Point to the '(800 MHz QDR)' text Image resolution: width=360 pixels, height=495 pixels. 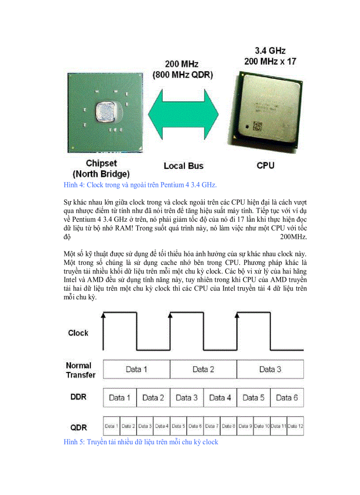[x=183, y=75]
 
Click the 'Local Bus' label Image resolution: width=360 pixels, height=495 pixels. [x=184, y=166]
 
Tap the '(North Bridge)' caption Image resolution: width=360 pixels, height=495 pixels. [x=101, y=174]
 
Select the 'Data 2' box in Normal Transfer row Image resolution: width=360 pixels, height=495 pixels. [x=203, y=369]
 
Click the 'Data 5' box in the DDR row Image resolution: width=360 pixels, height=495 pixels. [x=253, y=398]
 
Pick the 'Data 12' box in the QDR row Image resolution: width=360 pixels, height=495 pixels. [x=295, y=426]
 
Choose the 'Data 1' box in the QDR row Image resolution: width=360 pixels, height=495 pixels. [x=111, y=426]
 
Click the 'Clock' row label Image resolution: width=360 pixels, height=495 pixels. [x=78, y=333]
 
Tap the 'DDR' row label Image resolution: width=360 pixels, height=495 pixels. [x=79, y=397]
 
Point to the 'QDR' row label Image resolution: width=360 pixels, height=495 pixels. [x=79, y=427]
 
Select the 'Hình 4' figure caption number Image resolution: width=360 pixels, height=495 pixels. [x=74, y=185]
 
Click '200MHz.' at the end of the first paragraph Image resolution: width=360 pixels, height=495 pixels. [x=293, y=237]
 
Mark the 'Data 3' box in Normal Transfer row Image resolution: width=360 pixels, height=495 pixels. [x=270, y=369]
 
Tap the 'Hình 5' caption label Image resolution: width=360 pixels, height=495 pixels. [x=74, y=442]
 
